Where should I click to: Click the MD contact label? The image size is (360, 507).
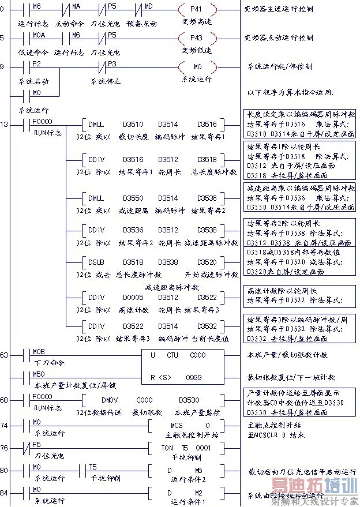(x=148, y=5)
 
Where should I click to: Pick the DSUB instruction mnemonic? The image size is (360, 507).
(x=96, y=261)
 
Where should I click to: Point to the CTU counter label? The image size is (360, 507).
(x=172, y=355)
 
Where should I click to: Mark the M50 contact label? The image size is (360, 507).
(x=38, y=374)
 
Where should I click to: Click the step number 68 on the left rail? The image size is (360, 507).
(x=5, y=399)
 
